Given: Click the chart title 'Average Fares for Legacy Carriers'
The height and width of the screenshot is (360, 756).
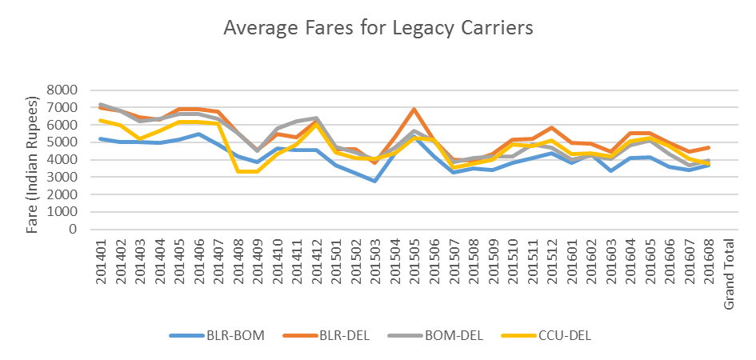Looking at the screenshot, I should (378, 28).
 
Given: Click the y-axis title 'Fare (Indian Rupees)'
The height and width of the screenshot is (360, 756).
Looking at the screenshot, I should (33, 165).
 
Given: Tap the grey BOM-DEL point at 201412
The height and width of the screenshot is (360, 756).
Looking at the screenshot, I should (316, 118).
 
